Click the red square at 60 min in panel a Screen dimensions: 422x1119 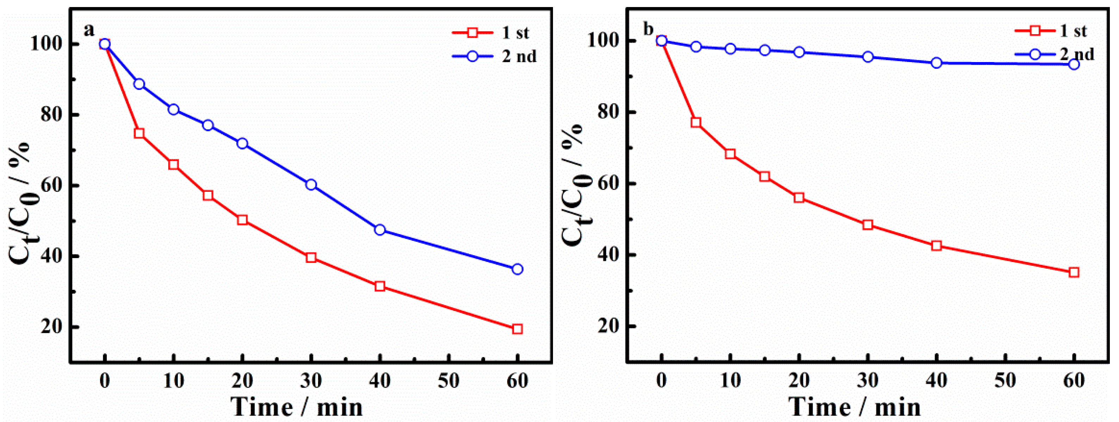click(517, 329)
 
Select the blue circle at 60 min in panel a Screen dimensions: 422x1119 click(517, 269)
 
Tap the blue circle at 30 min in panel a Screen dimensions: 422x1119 click(311, 185)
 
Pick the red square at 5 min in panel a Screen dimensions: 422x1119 click(139, 133)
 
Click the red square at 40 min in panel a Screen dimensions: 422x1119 click(380, 286)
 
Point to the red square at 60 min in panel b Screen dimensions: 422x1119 click(1074, 273)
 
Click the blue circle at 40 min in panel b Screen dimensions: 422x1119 click(937, 63)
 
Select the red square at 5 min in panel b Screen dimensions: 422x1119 click(696, 123)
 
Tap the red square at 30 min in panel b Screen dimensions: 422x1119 click(868, 225)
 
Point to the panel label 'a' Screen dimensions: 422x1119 click(89, 30)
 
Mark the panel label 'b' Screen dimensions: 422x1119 click(648, 30)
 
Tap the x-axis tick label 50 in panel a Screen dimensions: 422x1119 click(448, 381)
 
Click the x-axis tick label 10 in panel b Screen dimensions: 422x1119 click(730, 381)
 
